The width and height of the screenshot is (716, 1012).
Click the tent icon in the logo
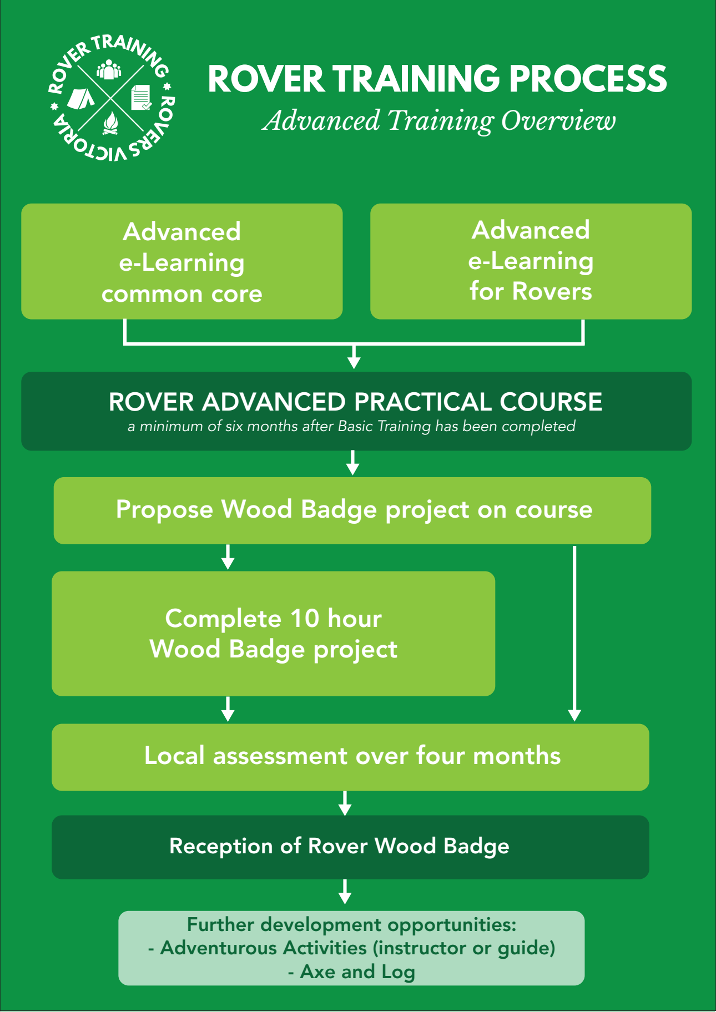pyautogui.click(x=81, y=98)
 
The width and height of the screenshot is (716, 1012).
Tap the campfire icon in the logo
pyautogui.click(x=111, y=123)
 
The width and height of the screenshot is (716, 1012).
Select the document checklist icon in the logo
pyautogui.click(x=140, y=98)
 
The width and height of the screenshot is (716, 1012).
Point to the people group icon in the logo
pyautogui.click(x=109, y=70)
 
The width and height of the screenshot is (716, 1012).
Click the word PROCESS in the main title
pyautogui.click(x=588, y=79)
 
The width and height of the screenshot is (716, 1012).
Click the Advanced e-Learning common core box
pyautogui.click(x=181, y=261)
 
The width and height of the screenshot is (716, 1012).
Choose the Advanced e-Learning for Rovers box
pyautogui.click(x=531, y=261)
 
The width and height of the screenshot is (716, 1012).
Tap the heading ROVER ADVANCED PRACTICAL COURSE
pyautogui.click(x=355, y=402)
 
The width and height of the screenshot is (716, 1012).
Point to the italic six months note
pyautogui.click(x=351, y=427)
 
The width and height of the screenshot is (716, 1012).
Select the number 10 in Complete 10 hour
pyautogui.click(x=305, y=619)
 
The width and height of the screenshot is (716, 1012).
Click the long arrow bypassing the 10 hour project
pyautogui.click(x=574, y=632)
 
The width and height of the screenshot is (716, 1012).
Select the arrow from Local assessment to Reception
pyautogui.click(x=345, y=803)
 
